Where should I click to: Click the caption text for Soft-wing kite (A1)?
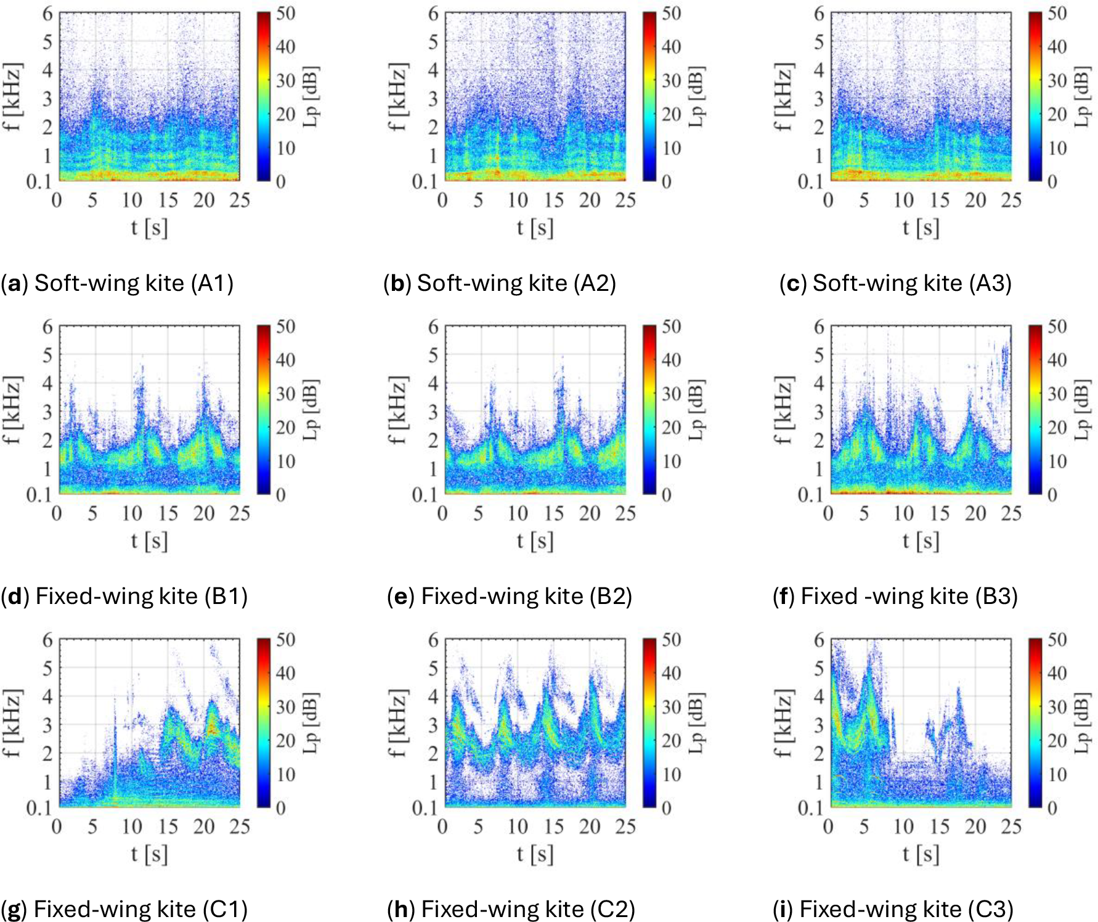click(117, 283)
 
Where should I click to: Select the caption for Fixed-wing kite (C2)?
click(511, 909)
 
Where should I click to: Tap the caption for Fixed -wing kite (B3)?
click(895, 596)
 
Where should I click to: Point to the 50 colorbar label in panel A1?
click(285, 13)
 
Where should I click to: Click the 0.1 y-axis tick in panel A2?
click(424, 181)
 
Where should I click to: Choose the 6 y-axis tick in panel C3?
click(818, 640)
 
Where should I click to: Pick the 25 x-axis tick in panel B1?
click(240, 513)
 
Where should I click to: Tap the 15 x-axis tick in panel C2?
click(553, 826)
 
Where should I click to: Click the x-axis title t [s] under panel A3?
click(921, 228)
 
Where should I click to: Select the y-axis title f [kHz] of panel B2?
click(397, 410)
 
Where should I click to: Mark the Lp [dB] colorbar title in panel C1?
click(312, 723)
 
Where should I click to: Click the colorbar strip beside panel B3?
click(1035, 410)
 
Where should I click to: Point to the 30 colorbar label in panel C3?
click(1057, 706)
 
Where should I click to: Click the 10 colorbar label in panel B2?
click(671, 461)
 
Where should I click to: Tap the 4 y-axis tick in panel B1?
click(47, 383)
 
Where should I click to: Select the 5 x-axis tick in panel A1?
click(92, 200)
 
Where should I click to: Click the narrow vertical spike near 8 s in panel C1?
click(115, 752)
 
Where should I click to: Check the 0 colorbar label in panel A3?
click(1052, 181)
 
